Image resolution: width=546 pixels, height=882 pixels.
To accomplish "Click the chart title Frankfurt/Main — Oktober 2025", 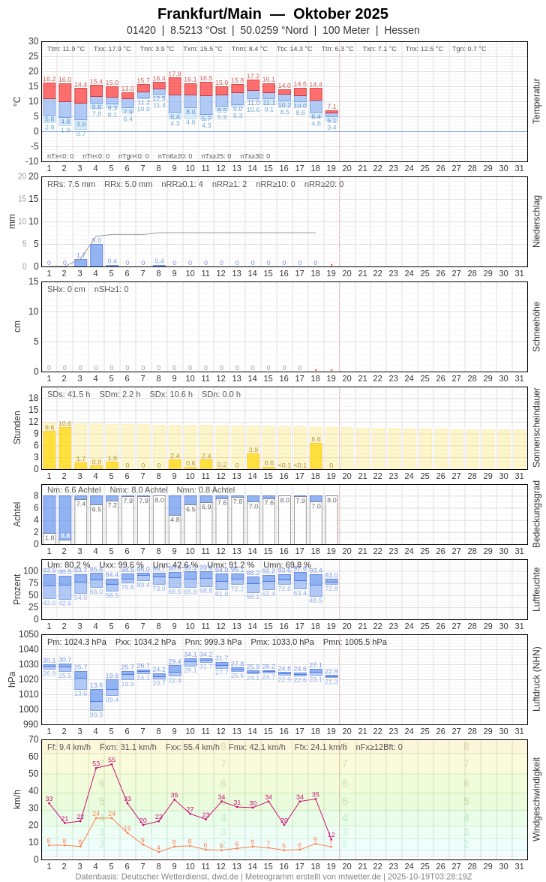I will [x=273, y=14].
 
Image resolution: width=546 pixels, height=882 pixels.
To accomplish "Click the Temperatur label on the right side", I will [x=536, y=101].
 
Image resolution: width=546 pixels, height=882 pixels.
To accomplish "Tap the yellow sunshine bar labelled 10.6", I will [x=64, y=448].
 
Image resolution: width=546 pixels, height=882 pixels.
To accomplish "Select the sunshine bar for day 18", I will [x=316, y=456].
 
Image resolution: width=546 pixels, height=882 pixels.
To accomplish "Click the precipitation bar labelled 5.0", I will [x=96, y=255].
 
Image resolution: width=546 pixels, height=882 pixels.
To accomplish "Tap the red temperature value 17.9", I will [x=175, y=74].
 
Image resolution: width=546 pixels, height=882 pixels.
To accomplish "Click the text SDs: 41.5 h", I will [x=69, y=394].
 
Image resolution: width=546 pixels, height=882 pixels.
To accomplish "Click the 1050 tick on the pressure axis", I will [x=28, y=634].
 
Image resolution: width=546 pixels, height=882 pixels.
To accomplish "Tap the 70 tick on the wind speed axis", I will [x=33, y=739].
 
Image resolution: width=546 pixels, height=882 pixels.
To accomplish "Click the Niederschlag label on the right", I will [x=536, y=221].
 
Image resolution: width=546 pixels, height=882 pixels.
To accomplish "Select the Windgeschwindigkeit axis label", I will [x=536, y=799].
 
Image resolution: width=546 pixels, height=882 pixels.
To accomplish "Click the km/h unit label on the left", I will [x=16, y=799].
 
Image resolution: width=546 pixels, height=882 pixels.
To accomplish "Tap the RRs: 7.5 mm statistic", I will [x=71, y=184].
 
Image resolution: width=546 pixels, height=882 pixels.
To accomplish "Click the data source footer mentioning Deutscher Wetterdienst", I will [x=273, y=876].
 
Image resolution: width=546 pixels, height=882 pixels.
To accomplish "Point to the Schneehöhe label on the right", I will [x=536, y=327].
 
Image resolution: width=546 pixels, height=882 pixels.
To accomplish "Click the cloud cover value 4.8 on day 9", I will [x=175, y=519].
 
